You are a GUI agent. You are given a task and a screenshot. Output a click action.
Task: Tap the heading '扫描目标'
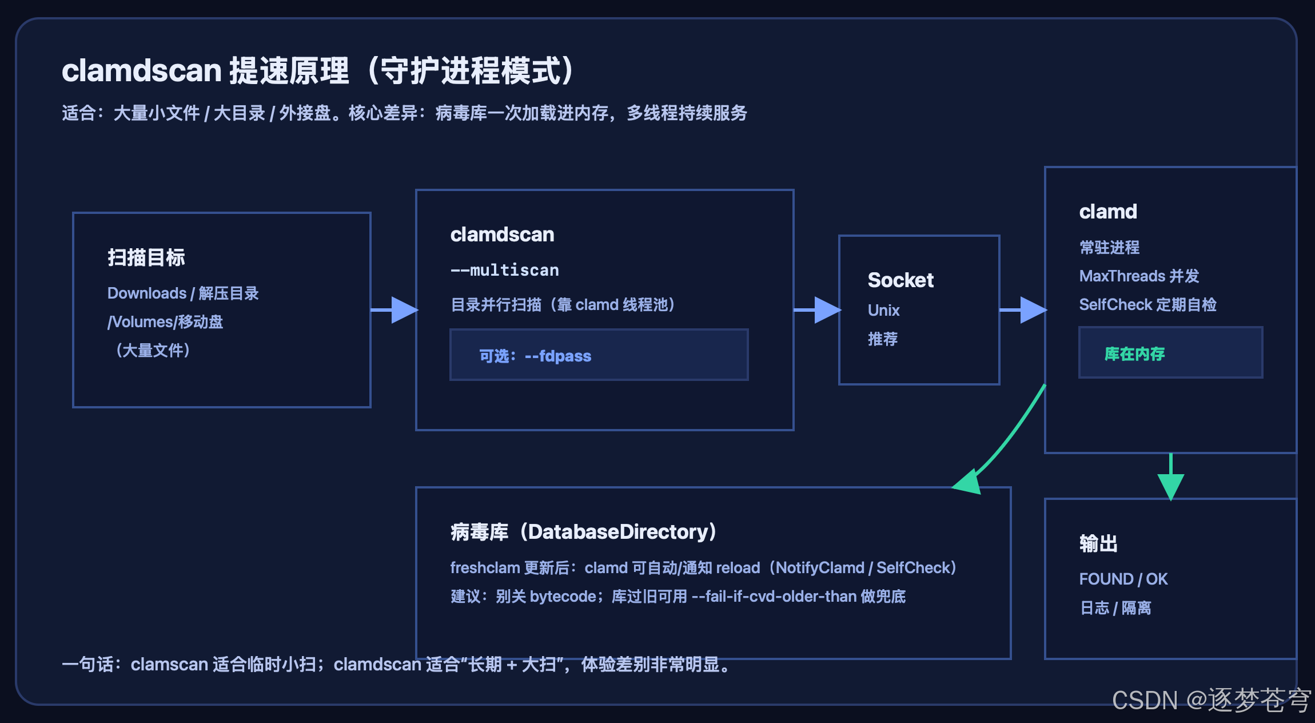[x=146, y=257]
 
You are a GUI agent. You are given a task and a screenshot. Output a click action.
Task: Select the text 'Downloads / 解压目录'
[x=183, y=293]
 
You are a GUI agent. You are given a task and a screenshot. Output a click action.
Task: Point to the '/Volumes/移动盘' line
[x=165, y=322]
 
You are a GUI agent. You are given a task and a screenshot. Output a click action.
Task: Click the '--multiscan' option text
[x=505, y=270]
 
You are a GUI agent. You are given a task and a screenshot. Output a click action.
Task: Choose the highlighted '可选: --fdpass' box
[x=599, y=355]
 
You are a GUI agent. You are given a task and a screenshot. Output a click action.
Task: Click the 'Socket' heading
[x=900, y=280]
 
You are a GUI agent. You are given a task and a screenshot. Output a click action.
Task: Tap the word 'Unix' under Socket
[x=883, y=310]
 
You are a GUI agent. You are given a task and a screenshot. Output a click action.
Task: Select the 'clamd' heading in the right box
[x=1108, y=212]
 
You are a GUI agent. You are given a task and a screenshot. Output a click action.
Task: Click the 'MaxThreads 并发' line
[x=1139, y=276]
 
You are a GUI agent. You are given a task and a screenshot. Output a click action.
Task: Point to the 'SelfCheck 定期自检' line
[x=1147, y=305]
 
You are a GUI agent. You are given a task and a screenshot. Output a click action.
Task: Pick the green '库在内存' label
[x=1135, y=354]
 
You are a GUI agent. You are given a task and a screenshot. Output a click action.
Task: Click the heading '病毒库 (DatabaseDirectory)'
[x=583, y=532]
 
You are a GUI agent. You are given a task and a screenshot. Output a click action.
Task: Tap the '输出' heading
[x=1098, y=543]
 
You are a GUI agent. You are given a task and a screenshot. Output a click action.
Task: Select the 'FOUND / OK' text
[x=1123, y=579]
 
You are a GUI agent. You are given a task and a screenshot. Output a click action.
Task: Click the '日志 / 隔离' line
[x=1115, y=607]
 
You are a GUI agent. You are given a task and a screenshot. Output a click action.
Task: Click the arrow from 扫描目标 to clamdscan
[x=394, y=310]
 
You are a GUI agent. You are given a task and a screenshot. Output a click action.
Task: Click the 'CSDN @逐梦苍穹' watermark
[x=1212, y=700]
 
